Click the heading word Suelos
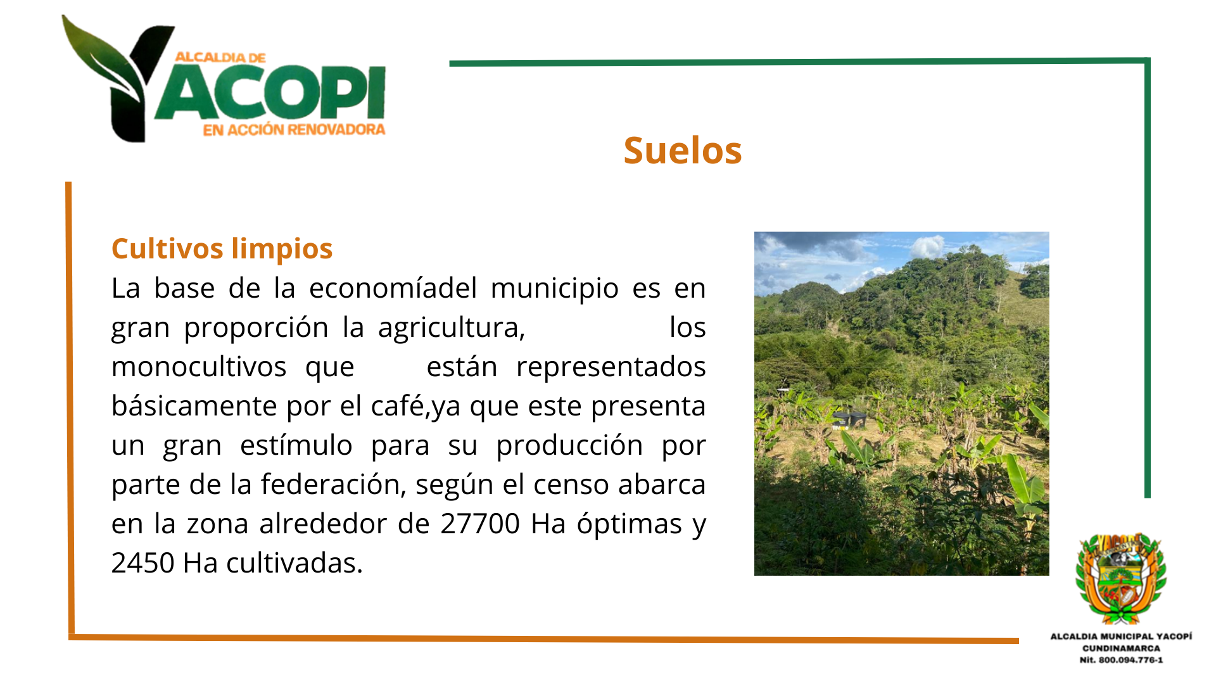pyautogui.click(x=682, y=150)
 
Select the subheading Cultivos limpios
pyautogui.click(x=222, y=248)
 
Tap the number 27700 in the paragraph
pyautogui.click(x=480, y=524)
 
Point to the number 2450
pyautogui.click(x=142, y=563)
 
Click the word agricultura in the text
pyautogui.click(x=452, y=328)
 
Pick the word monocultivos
pyautogui.click(x=199, y=367)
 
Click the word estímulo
pyautogui.click(x=296, y=445)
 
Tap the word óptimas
pyautogui.click(x=629, y=524)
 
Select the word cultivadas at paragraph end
pyautogui.click(x=294, y=563)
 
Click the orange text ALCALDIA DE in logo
pyautogui.click(x=220, y=57)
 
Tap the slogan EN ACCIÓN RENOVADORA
pyautogui.click(x=294, y=130)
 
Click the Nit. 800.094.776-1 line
pyautogui.click(x=1121, y=660)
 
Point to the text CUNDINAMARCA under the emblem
pyautogui.click(x=1121, y=648)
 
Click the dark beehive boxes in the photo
pyautogui.click(x=849, y=419)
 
